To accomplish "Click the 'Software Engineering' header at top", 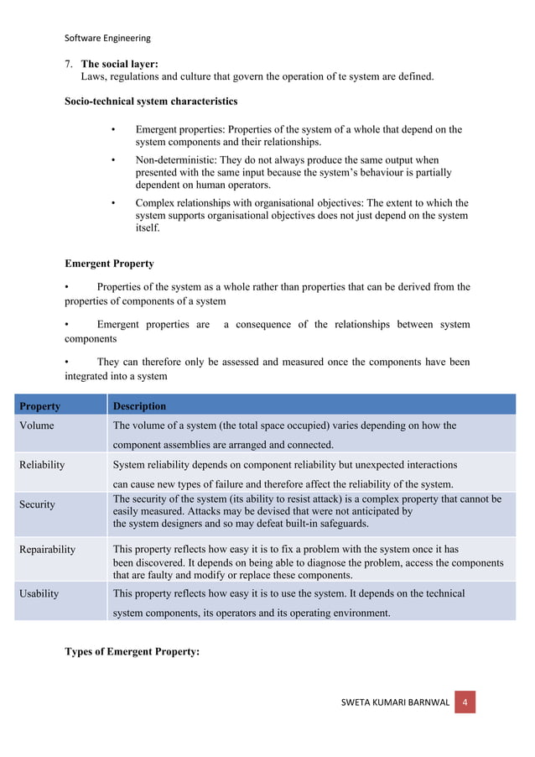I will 107,38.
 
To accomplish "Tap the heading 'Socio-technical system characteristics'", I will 151,102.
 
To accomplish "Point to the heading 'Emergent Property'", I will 109,264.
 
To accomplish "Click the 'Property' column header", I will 39,406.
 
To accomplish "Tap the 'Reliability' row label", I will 42,464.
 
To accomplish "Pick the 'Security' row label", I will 38,504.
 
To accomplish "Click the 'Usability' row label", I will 39,593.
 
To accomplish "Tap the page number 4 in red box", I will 465,701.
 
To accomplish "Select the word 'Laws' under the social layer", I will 94,76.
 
